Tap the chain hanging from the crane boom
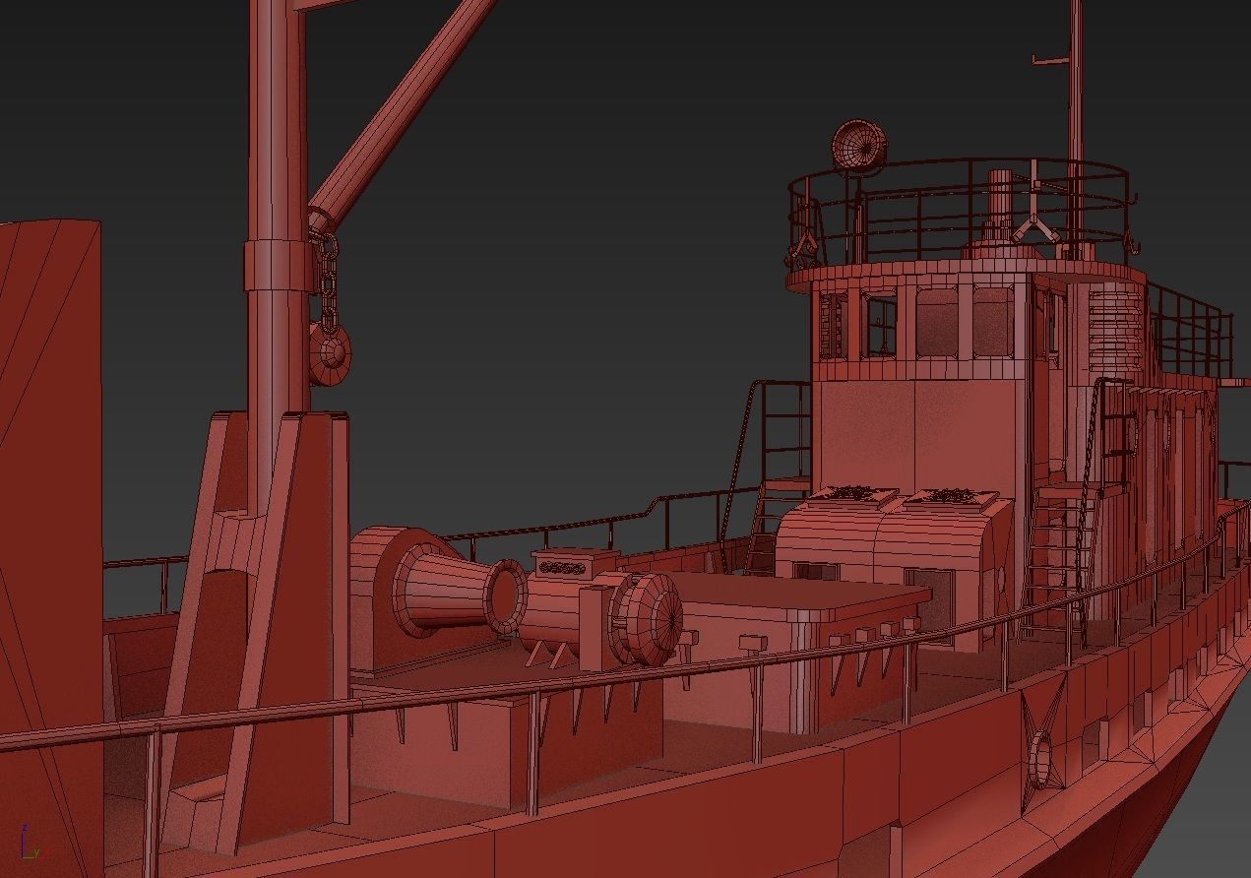[x=325, y=276]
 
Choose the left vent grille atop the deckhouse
[x=853, y=492]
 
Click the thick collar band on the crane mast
[x=279, y=265]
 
